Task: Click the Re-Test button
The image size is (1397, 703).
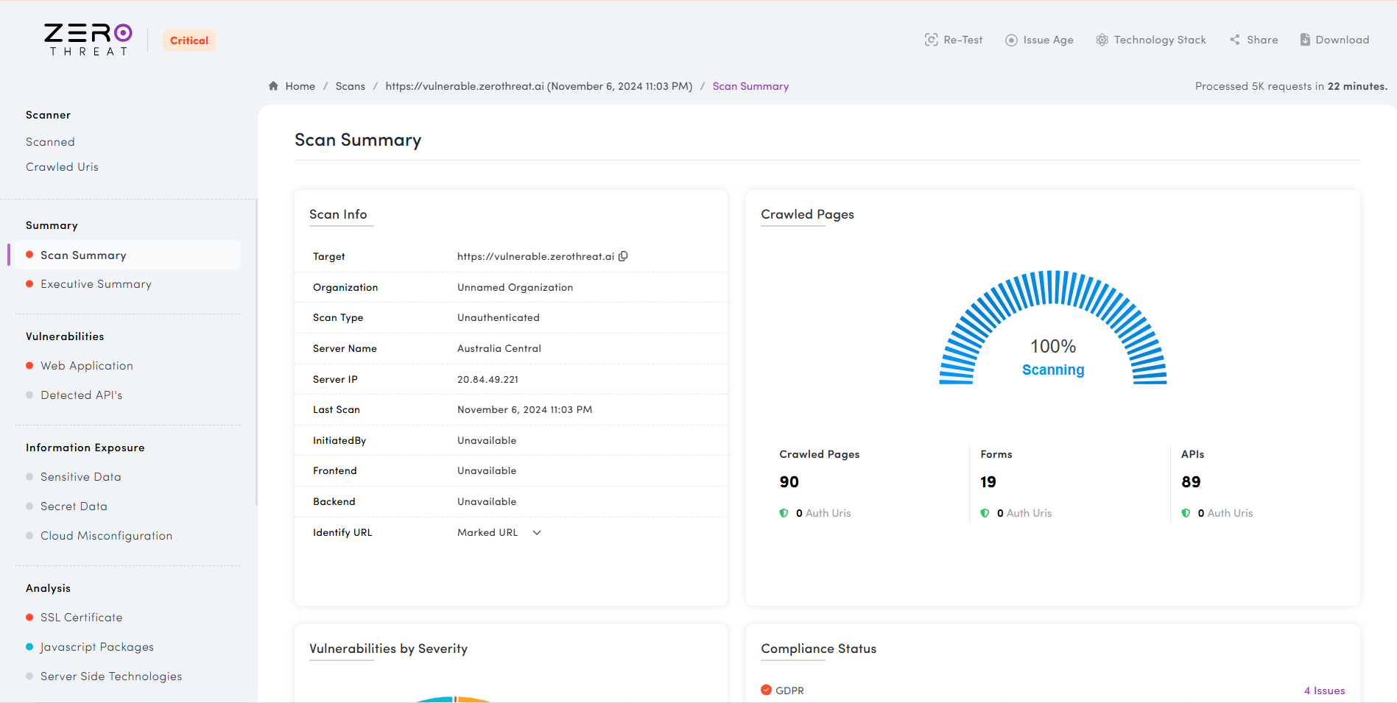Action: pyautogui.click(x=954, y=40)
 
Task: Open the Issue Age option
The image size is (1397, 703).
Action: pyautogui.click(x=1039, y=40)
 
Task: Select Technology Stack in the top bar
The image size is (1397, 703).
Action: pyautogui.click(x=1151, y=40)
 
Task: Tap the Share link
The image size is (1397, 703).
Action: pyautogui.click(x=1253, y=40)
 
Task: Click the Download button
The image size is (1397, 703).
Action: pyautogui.click(x=1334, y=40)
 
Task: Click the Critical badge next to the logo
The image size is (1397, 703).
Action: pyautogui.click(x=189, y=40)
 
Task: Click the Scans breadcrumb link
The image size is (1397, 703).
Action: pyautogui.click(x=350, y=86)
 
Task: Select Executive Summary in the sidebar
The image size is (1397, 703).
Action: pyautogui.click(x=96, y=284)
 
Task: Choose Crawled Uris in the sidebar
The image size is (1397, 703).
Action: pyautogui.click(x=62, y=167)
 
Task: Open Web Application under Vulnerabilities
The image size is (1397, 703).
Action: pyautogui.click(x=87, y=366)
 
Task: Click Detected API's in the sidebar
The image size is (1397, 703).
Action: pyautogui.click(x=81, y=395)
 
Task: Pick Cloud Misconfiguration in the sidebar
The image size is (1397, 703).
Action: pyautogui.click(x=106, y=536)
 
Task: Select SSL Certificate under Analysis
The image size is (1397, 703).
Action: pyautogui.click(x=81, y=618)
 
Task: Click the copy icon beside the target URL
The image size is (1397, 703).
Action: pyautogui.click(x=623, y=256)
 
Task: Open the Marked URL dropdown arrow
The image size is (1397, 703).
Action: pyautogui.click(x=537, y=533)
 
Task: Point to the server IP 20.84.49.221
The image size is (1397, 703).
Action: pyautogui.click(x=488, y=380)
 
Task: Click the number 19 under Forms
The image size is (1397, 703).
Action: pyautogui.click(x=988, y=482)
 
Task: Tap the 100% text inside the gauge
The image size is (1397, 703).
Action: pyautogui.click(x=1052, y=346)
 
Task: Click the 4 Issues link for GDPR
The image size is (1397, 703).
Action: pyautogui.click(x=1324, y=690)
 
